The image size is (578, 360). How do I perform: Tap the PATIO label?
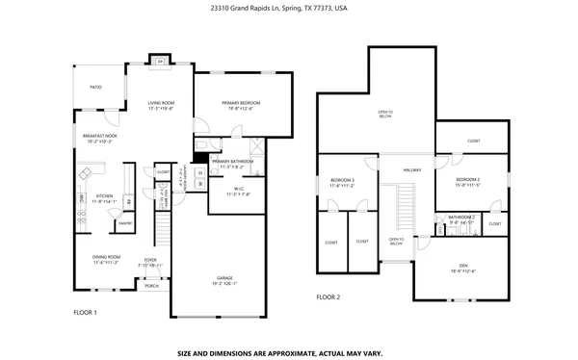(x=96, y=87)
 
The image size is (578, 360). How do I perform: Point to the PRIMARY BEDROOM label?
(x=241, y=102)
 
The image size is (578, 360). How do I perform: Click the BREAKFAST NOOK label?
(x=100, y=136)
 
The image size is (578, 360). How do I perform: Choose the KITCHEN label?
(x=104, y=196)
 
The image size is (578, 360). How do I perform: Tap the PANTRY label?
(x=124, y=223)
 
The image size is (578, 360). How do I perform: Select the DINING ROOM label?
(x=106, y=256)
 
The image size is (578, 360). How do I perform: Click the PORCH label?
(x=151, y=286)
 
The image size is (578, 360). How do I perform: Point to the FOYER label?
(x=150, y=259)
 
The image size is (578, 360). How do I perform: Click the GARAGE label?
(x=223, y=278)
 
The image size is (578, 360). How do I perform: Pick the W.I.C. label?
(x=231, y=190)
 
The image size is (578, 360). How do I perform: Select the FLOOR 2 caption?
(x=328, y=297)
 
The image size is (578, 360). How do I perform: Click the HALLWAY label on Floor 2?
(x=412, y=170)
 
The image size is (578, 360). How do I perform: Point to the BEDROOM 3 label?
(x=343, y=180)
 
